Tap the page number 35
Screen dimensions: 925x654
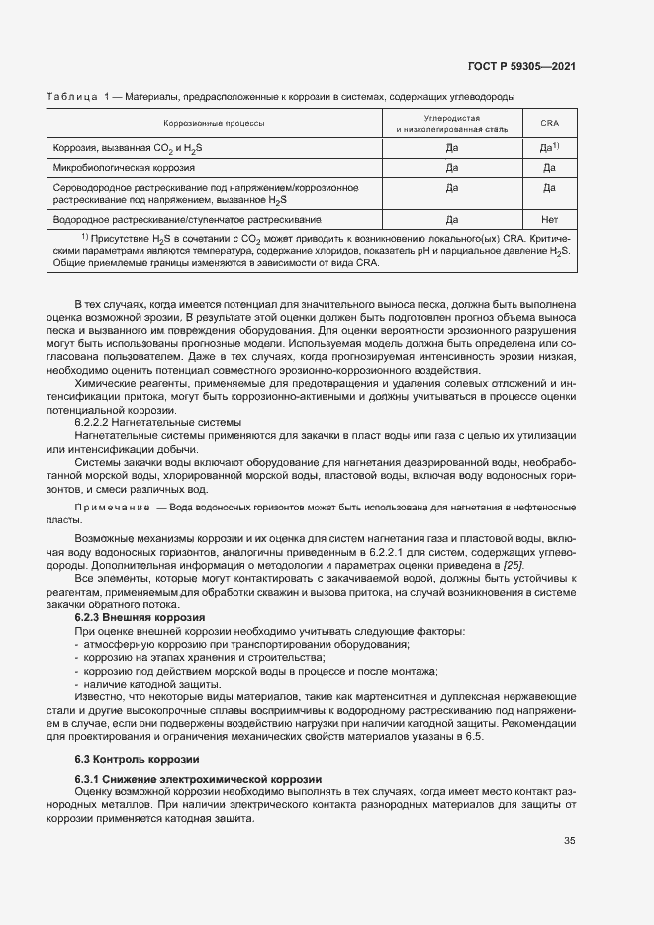(569, 841)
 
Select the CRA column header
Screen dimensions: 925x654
(550, 123)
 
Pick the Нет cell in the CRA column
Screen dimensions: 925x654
(550, 219)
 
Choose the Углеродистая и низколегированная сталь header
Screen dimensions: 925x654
(451, 123)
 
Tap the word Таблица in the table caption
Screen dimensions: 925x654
(71, 96)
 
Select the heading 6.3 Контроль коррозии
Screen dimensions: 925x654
(125, 759)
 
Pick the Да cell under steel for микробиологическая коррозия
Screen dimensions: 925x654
(451, 168)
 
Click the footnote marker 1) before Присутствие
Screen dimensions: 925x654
(86, 237)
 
